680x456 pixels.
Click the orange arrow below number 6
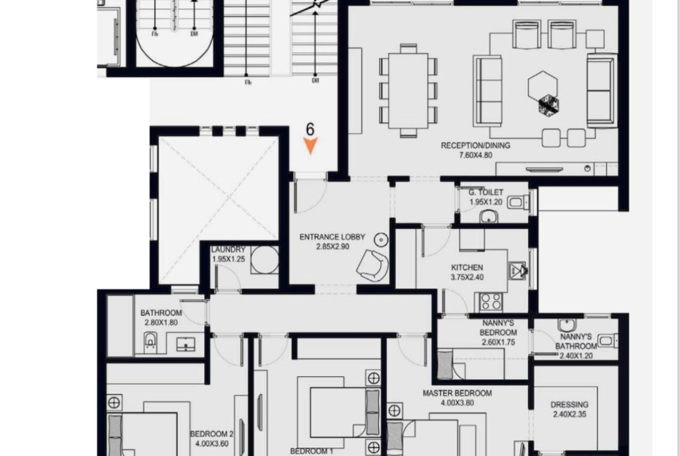(310, 145)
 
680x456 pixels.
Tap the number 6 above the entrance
(310, 129)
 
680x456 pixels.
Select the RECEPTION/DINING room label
(475, 146)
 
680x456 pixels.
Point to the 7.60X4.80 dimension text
(475, 155)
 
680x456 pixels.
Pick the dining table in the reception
(408, 91)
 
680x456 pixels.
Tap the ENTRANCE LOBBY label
(332, 237)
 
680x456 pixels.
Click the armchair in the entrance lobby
(373, 265)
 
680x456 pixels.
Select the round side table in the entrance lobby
(381, 240)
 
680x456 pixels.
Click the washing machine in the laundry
(264, 260)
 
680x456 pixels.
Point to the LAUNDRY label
(228, 250)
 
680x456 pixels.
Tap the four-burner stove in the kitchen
(491, 302)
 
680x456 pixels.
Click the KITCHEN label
(467, 268)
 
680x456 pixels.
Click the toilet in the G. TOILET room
(518, 202)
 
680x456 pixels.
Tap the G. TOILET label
(486, 192)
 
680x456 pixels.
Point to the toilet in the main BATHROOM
(150, 342)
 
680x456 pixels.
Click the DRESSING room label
(570, 405)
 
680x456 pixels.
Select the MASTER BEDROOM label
(457, 393)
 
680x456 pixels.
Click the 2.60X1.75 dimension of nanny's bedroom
(498, 342)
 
